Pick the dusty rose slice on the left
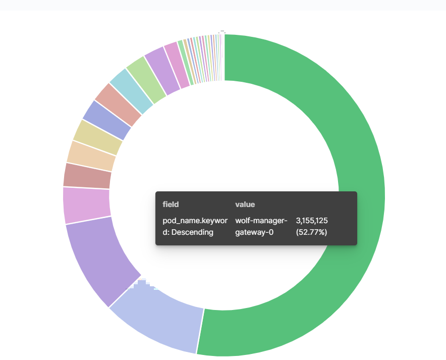pos(87,176)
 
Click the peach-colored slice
pos(91,153)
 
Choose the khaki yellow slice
pos(97,132)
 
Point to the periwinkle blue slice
pos(106,114)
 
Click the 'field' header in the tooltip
pos(171,204)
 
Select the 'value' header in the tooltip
pos(245,204)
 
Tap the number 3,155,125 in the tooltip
pos(312,221)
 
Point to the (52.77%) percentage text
pos(311,232)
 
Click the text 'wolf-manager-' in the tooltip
pos(261,221)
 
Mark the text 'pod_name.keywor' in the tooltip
pos(195,221)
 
